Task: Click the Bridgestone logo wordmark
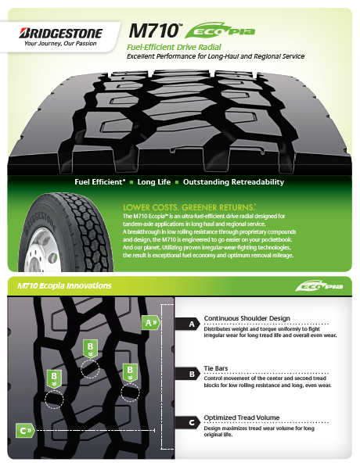[x=61, y=34]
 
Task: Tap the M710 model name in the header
[x=154, y=30]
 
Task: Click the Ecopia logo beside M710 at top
[x=220, y=30]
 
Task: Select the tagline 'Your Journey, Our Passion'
[x=60, y=44]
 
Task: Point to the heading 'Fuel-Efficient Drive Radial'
[x=174, y=47]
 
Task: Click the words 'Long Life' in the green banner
[x=154, y=182]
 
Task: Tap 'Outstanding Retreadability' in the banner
[x=233, y=182]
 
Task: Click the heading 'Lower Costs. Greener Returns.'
[x=189, y=207]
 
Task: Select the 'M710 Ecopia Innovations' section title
[x=64, y=285]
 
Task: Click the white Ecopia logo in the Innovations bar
[x=319, y=286]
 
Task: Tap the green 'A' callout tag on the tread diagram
[x=151, y=322]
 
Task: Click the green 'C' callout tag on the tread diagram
[x=25, y=430]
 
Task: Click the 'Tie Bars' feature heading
[x=216, y=368]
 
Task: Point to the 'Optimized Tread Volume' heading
[x=242, y=418]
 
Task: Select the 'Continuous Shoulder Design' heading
[x=247, y=318]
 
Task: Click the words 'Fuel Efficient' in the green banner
[x=100, y=182]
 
